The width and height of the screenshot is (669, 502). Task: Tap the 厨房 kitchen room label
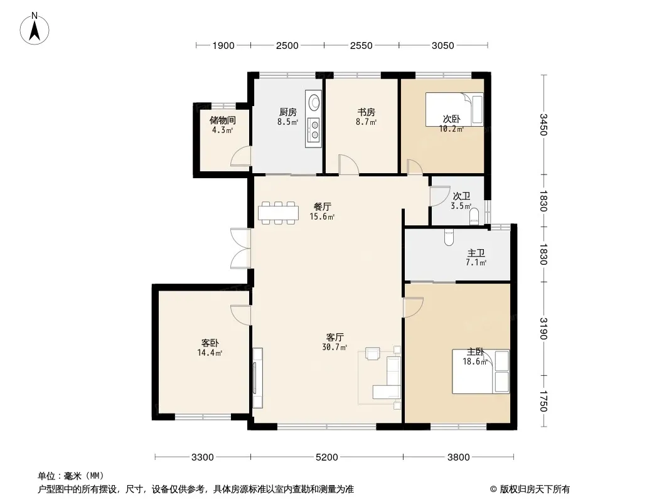click(288, 112)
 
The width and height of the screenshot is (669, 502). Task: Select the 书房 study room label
click(366, 112)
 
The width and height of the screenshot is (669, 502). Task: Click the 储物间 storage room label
click(222, 120)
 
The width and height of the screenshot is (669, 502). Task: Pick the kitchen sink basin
click(313, 100)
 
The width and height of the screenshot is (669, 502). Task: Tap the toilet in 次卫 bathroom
click(474, 216)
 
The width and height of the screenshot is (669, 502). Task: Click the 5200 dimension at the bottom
click(326, 457)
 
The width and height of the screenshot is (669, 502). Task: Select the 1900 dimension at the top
click(223, 45)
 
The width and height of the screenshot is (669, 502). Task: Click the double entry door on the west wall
click(240, 248)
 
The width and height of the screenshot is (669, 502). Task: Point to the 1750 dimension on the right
click(543, 402)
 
